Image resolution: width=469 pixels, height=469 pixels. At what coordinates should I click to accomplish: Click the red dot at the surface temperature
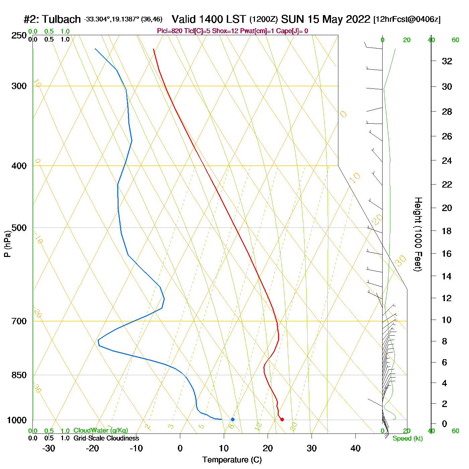pyautogui.click(x=282, y=419)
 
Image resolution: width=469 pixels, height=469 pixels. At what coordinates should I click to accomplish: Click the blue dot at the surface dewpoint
pyautogui.click(x=233, y=419)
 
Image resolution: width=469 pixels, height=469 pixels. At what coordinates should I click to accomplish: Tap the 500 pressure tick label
pyautogui.click(x=19, y=228)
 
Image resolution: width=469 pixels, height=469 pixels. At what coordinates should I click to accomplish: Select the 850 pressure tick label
pyautogui.click(x=19, y=375)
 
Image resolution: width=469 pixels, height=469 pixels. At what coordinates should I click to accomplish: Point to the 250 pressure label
pyautogui.click(x=19, y=36)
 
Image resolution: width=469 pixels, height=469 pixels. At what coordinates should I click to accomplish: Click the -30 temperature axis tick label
pyautogui.click(x=49, y=448)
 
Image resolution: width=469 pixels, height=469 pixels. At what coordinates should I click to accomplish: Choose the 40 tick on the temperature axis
pyautogui.click(x=355, y=448)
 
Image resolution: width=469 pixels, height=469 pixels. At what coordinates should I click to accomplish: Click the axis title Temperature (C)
pyautogui.click(x=232, y=460)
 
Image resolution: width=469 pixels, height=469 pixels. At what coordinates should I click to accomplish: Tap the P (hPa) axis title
pyautogui.click(x=7, y=244)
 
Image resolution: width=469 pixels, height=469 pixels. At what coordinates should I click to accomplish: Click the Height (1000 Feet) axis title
pyautogui.click(x=418, y=234)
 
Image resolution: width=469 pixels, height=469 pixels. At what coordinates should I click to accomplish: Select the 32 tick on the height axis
pyautogui.click(x=447, y=61)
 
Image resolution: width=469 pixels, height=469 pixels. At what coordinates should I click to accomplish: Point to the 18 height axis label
pyautogui.click(x=447, y=231)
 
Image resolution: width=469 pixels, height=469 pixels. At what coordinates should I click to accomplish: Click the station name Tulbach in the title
pyautogui.click(x=62, y=19)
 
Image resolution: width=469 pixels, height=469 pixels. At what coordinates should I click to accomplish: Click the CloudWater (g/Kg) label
pyautogui.click(x=100, y=430)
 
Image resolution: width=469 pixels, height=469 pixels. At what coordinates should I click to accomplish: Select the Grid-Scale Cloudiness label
pyautogui.click(x=106, y=438)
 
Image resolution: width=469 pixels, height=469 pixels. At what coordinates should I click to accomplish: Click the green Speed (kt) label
pyautogui.click(x=407, y=439)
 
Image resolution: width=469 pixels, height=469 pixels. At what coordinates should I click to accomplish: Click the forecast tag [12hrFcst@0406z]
pyautogui.click(x=407, y=19)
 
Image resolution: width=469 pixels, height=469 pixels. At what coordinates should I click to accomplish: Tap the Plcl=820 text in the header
pyautogui.click(x=170, y=31)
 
